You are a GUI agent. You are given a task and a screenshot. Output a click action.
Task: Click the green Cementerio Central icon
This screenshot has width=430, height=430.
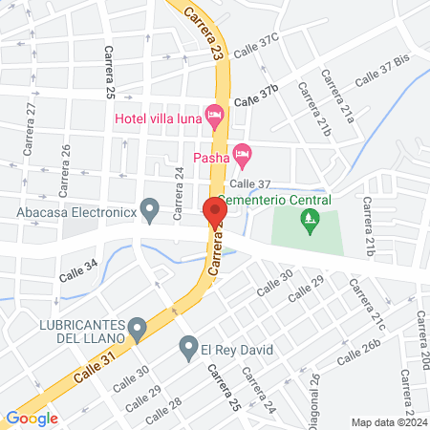pyautogui.click(x=309, y=223)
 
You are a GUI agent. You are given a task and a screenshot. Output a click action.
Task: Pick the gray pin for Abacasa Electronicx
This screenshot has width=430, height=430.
pyautogui.click(x=149, y=207)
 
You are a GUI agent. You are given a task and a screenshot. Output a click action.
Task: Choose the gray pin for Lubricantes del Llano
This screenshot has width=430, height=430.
pyautogui.click(x=138, y=331)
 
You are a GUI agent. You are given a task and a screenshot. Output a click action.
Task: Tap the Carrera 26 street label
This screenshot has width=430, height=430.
pyautogui.click(x=66, y=163)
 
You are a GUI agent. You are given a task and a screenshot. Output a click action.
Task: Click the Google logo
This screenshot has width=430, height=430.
pyautogui.click(x=32, y=418)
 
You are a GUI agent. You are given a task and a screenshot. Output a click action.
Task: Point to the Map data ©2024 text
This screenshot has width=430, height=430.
pyautogui.click(x=389, y=422)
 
